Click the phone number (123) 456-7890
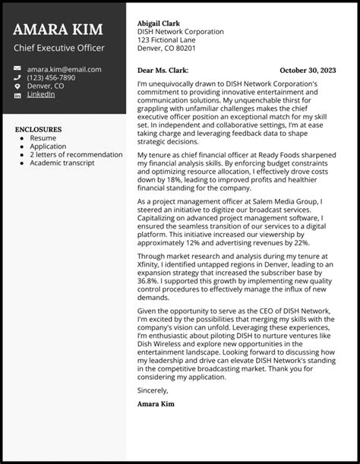(x=51, y=77)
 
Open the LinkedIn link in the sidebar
(x=40, y=95)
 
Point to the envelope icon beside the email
(x=17, y=69)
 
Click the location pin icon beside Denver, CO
(x=17, y=87)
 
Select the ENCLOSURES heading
(x=38, y=129)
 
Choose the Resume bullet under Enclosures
(x=43, y=138)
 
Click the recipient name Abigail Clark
(x=160, y=24)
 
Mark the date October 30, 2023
(x=312, y=69)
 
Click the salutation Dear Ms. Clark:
(x=163, y=69)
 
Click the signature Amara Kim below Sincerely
(x=156, y=404)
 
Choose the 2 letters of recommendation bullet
(x=76, y=154)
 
